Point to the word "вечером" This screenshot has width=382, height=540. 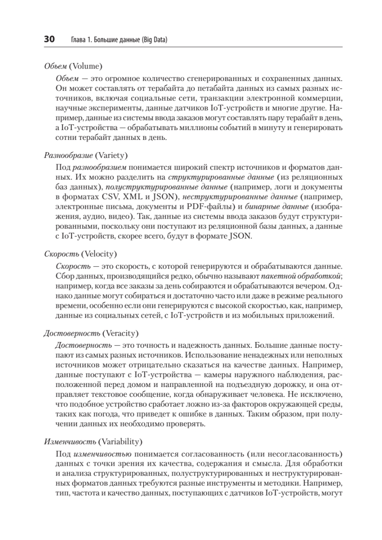(x=309, y=285)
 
